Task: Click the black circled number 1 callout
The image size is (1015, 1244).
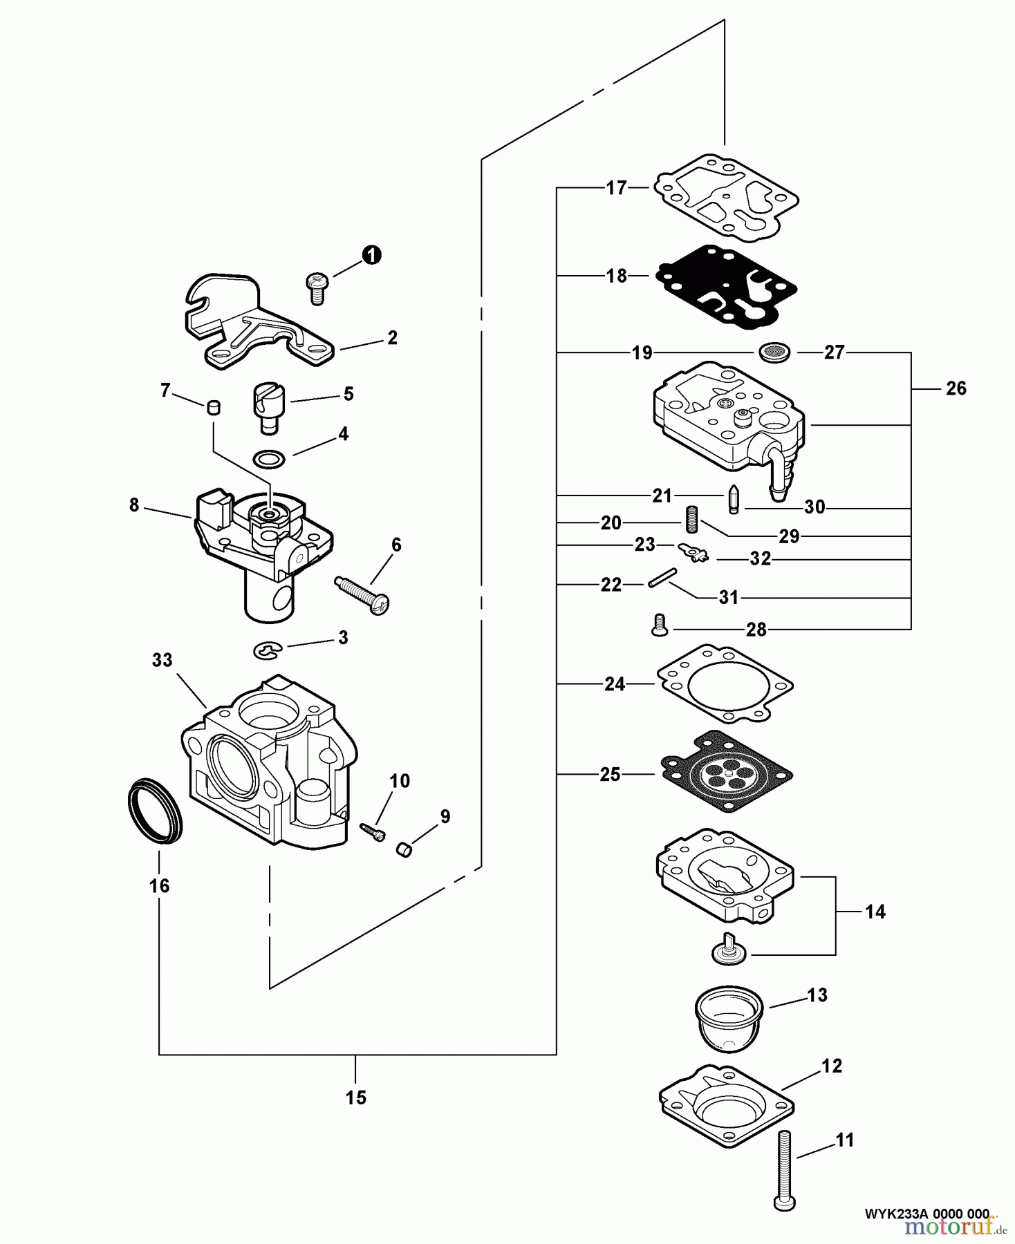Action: tap(371, 255)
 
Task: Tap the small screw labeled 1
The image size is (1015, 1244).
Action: tap(316, 287)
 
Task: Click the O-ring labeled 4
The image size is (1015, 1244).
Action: tap(268, 458)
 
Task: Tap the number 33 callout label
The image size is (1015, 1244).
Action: tap(162, 660)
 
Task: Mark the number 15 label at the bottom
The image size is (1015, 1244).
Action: tap(355, 1097)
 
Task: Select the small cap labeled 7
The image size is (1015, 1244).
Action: tap(214, 406)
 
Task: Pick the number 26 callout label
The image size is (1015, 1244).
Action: tap(956, 388)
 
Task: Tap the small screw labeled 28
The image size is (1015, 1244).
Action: tap(659, 625)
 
